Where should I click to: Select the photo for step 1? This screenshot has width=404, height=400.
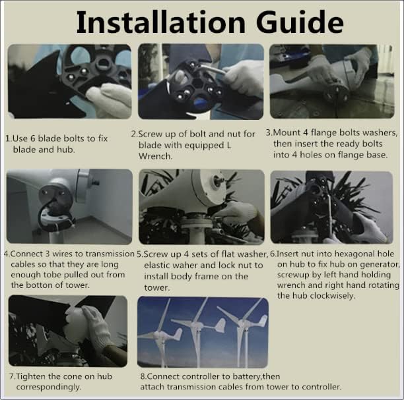[69, 81]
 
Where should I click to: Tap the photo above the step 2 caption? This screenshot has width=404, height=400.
[201, 81]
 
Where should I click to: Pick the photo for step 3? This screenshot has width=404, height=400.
[331, 81]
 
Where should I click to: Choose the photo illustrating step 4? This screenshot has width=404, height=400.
[69, 206]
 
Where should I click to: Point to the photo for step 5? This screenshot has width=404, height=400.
[201, 206]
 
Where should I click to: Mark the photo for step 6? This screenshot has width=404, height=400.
[331, 206]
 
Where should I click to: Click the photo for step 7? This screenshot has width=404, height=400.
[67, 331]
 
